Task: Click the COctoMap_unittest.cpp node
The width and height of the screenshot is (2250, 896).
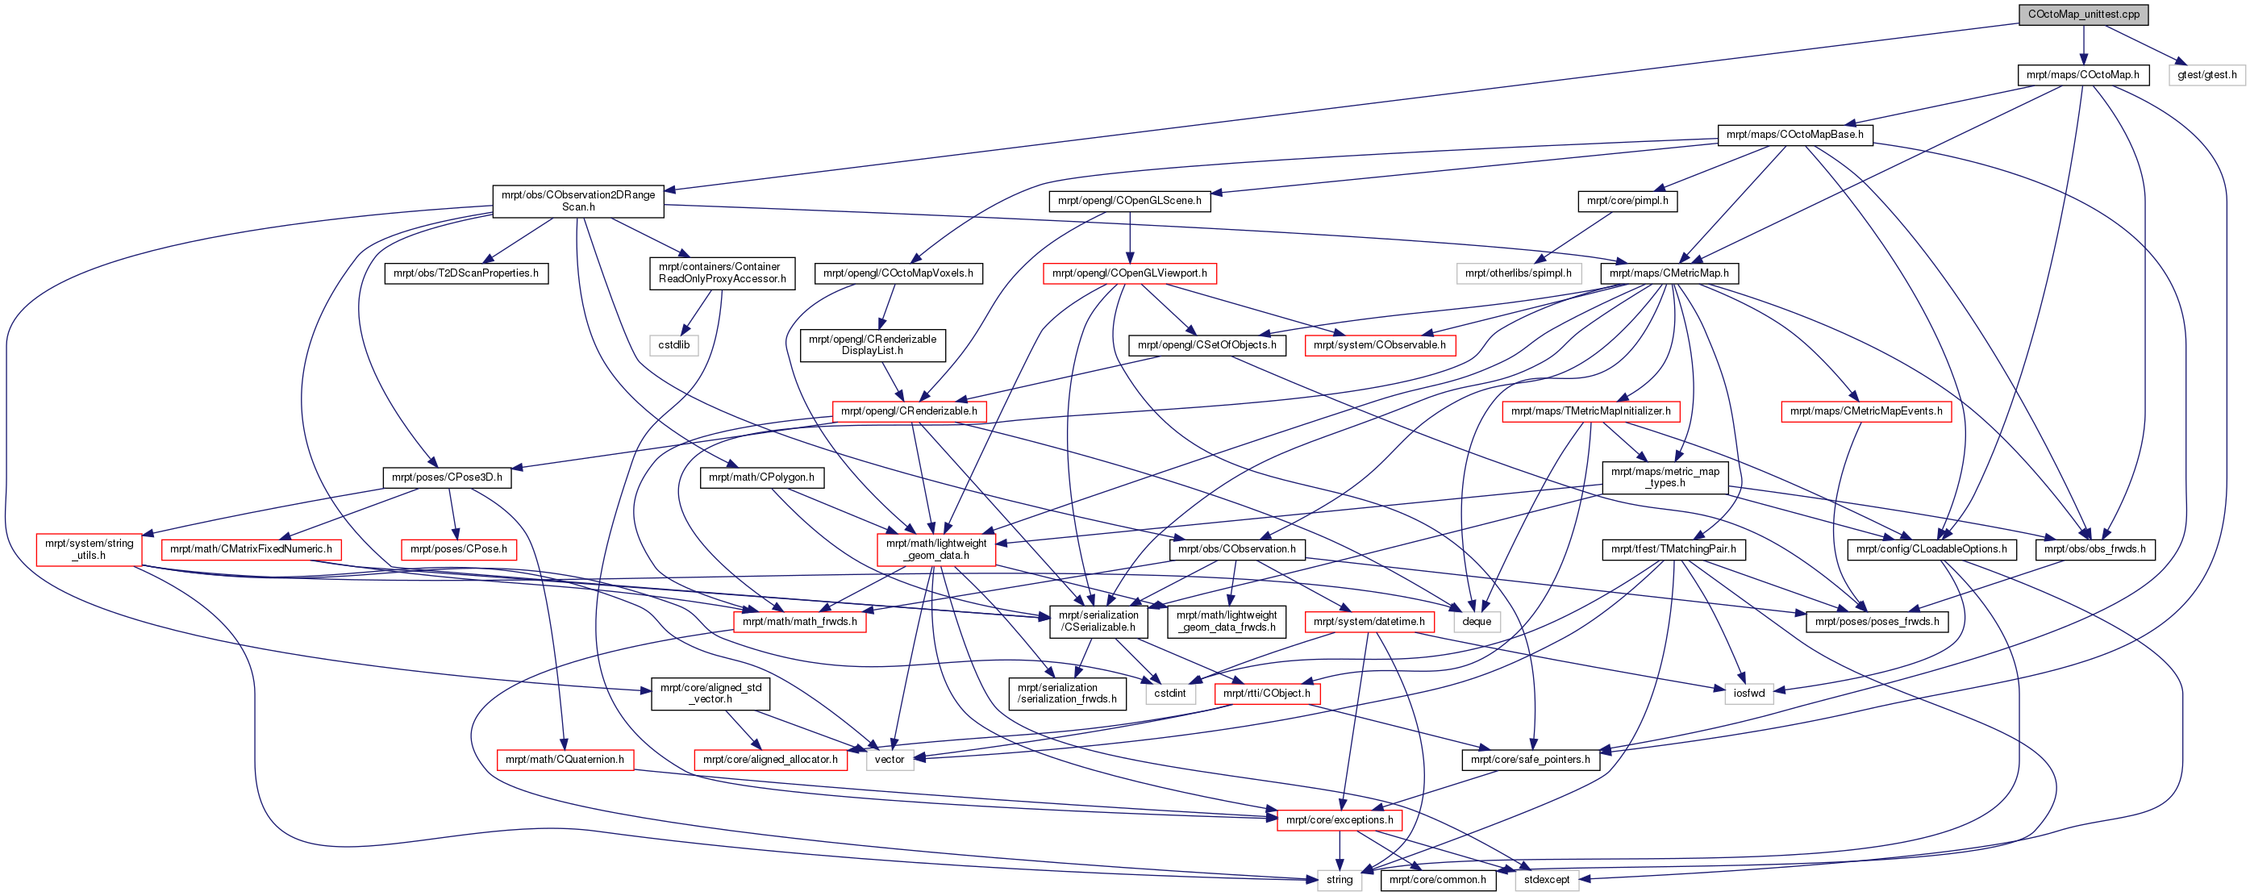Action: [x=2083, y=15]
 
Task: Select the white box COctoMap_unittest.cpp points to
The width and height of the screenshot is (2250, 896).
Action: [x=2206, y=76]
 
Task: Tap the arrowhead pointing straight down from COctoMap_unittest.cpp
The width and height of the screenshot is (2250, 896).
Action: [x=2083, y=60]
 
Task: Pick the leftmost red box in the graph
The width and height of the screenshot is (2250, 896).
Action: [x=89, y=550]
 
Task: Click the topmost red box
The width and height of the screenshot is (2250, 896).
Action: [x=1129, y=273]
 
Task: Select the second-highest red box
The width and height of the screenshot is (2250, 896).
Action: [x=1380, y=346]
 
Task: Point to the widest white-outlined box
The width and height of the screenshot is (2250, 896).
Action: [x=1519, y=273]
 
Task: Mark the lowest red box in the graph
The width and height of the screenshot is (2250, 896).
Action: [x=1339, y=820]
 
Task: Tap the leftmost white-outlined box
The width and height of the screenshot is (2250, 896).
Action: [x=673, y=346]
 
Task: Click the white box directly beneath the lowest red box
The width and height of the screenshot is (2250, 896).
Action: [x=1339, y=881]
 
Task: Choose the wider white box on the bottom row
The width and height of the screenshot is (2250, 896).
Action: [x=1546, y=881]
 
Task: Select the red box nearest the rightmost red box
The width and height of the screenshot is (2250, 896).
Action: [x=1590, y=411]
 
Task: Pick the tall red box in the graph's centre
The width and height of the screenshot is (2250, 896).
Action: [x=936, y=550]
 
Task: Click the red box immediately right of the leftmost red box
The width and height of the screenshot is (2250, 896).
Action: [x=252, y=550]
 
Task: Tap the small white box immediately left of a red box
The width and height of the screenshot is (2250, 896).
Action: [x=1170, y=694]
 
